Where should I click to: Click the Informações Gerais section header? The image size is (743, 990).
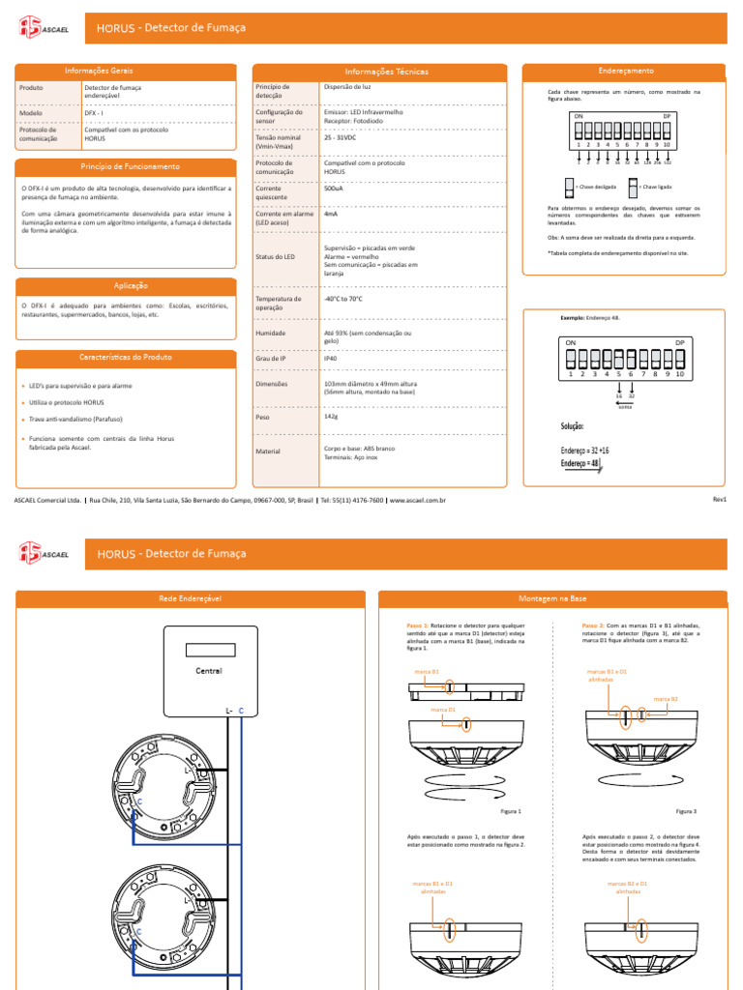coord(99,72)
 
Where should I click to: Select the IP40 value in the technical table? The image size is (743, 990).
coord(331,358)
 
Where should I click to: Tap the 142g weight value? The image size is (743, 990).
coord(331,417)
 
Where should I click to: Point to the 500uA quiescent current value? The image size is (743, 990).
coord(334,189)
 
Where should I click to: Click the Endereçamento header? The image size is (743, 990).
coord(626,72)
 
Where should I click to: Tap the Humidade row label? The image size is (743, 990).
coord(272,333)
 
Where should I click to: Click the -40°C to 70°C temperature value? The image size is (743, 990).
coord(343,299)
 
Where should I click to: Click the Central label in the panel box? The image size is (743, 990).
coord(209,671)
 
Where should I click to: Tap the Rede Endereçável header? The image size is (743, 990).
coord(191,599)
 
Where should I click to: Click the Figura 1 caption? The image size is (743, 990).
coord(510,811)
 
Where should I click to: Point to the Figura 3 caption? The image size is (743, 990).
coord(686,811)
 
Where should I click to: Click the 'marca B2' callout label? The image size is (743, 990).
coord(666,698)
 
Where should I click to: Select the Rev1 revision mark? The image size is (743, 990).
coord(719,498)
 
